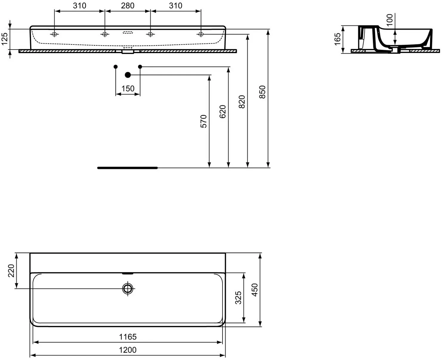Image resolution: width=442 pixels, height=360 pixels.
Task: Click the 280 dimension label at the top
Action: tap(128, 6)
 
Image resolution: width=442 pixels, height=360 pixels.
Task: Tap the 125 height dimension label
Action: tap(4, 39)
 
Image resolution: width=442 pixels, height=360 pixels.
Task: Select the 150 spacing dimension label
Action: tap(128, 88)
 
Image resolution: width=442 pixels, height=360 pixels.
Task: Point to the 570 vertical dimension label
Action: tap(204, 121)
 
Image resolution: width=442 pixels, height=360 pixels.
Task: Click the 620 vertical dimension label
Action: tap(222, 112)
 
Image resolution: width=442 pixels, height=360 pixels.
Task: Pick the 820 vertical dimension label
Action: tap(242, 102)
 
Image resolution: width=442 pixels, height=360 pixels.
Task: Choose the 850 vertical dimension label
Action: tap(262, 92)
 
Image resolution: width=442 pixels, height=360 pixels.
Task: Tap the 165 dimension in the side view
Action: tap(337, 39)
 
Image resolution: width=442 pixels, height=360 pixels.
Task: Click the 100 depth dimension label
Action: tap(390, 20)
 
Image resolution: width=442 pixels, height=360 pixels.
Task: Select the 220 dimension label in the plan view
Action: tap(11, 271)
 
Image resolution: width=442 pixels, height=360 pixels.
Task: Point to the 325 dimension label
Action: tap(238, 298)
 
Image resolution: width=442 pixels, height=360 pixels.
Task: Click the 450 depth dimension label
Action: tap(254, 290)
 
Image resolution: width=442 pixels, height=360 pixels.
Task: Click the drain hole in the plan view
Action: tap(128, 289)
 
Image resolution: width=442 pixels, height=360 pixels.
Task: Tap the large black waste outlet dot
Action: tap(128, 75)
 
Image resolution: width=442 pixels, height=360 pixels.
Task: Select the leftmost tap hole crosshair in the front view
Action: tap(54, 34)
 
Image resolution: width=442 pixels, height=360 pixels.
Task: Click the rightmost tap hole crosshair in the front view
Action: tap(201, 34)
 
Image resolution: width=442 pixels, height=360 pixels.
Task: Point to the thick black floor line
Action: tap(127, 168)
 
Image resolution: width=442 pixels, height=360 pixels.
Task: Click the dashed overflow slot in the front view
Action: tap(128, 33)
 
